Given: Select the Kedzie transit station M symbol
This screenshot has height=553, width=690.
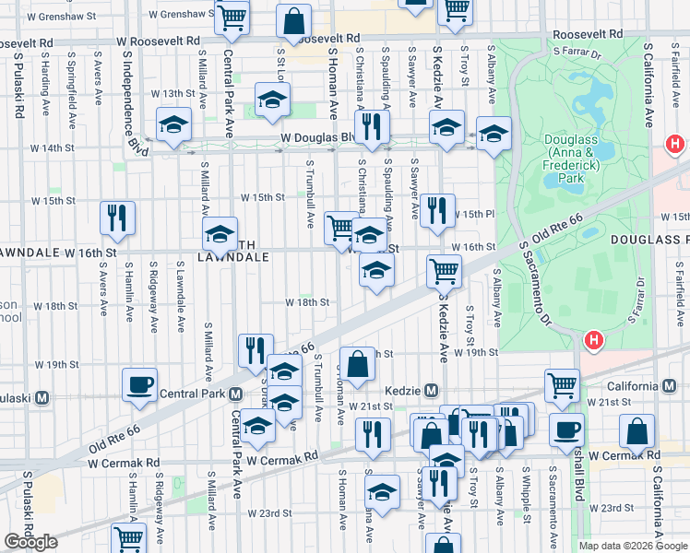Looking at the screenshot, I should click(x=430, y=390).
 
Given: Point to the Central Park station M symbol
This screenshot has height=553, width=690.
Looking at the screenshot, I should click(x=236, y=394).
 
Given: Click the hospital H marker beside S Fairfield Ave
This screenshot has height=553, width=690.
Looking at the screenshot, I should click(x=675, y=145).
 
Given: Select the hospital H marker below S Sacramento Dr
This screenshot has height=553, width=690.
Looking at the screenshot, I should click(x=594, y=341).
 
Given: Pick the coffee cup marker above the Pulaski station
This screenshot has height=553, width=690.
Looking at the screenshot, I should click(x=139, y=383).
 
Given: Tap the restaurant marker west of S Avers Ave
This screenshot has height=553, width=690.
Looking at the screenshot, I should click(x=118, y=217).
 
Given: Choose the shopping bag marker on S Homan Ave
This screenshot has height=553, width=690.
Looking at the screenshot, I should click(x=357, y=363).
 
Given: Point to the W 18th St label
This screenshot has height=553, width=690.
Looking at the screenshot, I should click(x=306, y=302).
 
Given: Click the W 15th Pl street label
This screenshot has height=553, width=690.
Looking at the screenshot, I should click(x=472, y=215).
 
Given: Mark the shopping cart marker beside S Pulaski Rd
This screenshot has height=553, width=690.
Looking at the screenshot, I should click(x=129, y=538).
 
